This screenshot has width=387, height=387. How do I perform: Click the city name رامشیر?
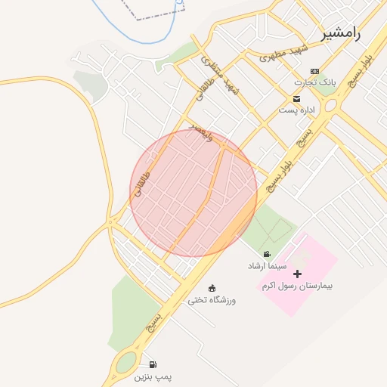point(342,33)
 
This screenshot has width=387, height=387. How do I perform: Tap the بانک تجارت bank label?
point(315,81)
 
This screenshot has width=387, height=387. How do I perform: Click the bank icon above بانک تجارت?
point(315,70)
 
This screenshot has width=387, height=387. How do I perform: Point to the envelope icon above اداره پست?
point(296,99)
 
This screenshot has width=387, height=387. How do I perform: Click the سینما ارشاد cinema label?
point(266,266)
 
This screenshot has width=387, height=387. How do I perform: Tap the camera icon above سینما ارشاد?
point(267,255)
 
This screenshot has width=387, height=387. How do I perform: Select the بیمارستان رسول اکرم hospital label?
point(297,286)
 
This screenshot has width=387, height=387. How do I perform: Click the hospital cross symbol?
point(297,274)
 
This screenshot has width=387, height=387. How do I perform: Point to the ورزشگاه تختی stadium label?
point(212,299)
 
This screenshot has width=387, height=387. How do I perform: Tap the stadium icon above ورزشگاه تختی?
point(212,288)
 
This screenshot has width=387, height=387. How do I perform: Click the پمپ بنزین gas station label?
point(153,376)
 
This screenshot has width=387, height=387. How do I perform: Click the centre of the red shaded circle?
point(193,193)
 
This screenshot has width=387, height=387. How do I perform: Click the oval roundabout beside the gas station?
point(125,365)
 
